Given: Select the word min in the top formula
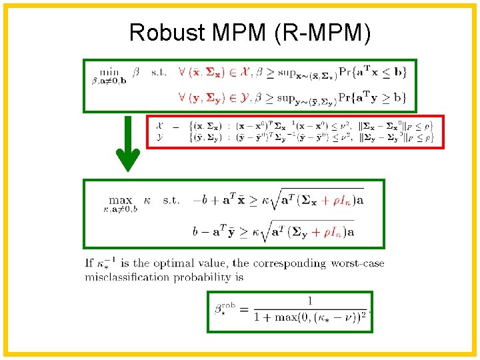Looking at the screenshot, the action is tap(109, 71).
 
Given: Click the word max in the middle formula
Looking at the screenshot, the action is tap(121, 199).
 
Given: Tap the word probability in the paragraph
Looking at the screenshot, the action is tap(204, 277).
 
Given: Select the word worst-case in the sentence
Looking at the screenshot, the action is tap(357, 263).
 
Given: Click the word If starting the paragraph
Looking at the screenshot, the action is tap(89, 263).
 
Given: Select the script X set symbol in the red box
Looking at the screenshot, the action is tap(159, 125).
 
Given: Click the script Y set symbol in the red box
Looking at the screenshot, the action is tap(159, 137).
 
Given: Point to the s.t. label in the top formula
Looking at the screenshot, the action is tap(159, 72).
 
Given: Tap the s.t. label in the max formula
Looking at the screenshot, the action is tap(171, 199).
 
